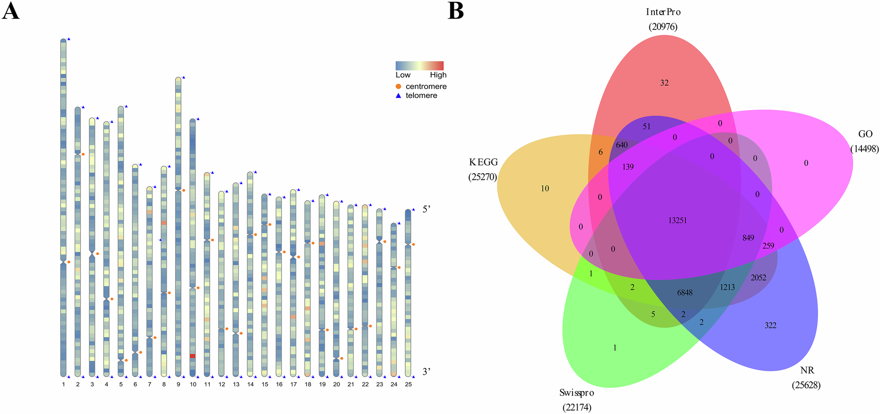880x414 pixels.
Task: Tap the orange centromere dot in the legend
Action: pyautogui.click(x=398, y=87)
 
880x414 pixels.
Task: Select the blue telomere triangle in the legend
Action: pyautogui.click(x=398, y=96)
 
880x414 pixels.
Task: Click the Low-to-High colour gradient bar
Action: pyautogui.click(x=419, y=65)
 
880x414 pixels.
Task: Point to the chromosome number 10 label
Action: pyautogui.click(x=193, y=384)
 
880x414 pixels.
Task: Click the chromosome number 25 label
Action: pyautogui.click(x=408, y=384)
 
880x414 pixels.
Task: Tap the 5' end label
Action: pyautogui.click(x=427, y=210)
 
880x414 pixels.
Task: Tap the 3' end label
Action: pyautogui.click(x=427, y=371)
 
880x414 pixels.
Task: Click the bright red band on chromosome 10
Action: pyautogui.click(x=193, y=356)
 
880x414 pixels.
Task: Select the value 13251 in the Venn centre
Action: pyautogui.click(x=678, y=221)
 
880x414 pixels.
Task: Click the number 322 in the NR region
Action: pyautogui.click(x=770, y=326)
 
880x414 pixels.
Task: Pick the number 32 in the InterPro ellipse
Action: pyautogui.click(x=665, y=83)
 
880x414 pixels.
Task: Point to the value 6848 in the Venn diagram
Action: pyautogui.click(x=685, y=293)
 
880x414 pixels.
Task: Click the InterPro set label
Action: pyautogui.click(x=663, y=12)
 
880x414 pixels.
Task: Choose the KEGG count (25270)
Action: pyautogui.click(x=483, y=177)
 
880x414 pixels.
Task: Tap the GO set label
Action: pyautogui.click(x=865, y=134)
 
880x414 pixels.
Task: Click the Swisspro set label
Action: pyautogui.click(x=577, y=393)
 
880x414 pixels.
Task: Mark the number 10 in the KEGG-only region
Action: pyautogui.click(x=545, y=189)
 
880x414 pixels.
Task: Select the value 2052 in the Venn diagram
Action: pyautogui.click(x=758, y=278)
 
